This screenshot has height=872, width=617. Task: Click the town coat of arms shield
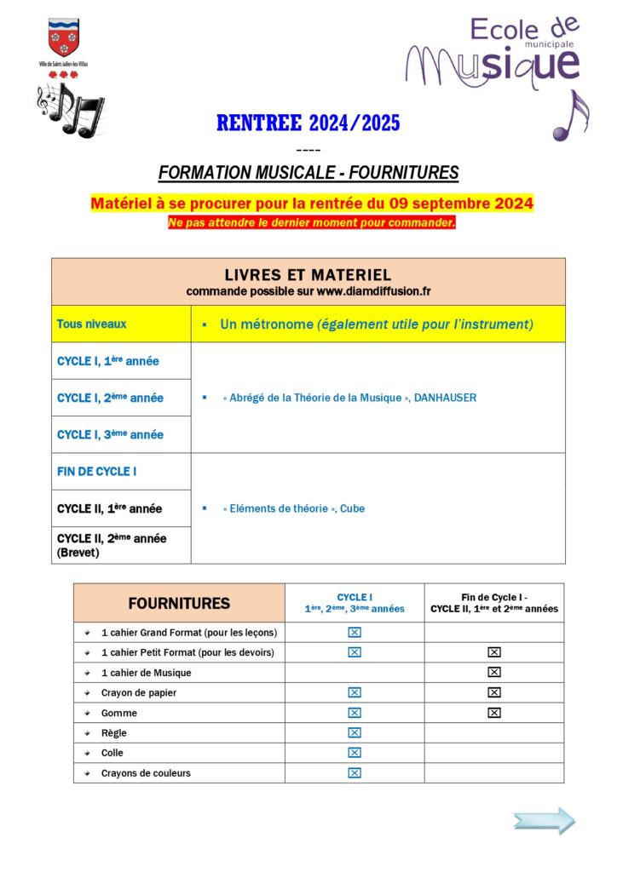(x=63, y=38)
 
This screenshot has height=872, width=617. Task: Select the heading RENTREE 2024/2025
(x=308, y=123)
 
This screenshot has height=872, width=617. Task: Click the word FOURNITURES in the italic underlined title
(x=401, y=173)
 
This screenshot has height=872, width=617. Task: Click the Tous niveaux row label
(x=91, y=324)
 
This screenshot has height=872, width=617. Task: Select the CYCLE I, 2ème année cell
(x=110, y=398)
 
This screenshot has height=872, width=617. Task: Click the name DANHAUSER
(x=445, y=398)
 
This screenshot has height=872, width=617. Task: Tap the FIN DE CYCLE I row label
(x=96, y=472)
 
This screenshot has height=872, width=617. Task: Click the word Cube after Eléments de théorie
(x=352, y=508)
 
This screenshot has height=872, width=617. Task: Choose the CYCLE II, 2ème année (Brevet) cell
(x=112, y=544)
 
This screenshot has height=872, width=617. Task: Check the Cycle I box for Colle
(x=355, y=753)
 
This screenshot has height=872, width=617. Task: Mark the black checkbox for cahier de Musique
(x=493, y=672)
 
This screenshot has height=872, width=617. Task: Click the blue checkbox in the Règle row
(x=355, y=732)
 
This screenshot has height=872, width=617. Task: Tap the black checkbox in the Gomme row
(x=493, y=713)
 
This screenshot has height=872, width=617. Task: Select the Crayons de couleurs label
(x=145, y=773)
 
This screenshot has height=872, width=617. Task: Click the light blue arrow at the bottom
(x=544, y=821)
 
